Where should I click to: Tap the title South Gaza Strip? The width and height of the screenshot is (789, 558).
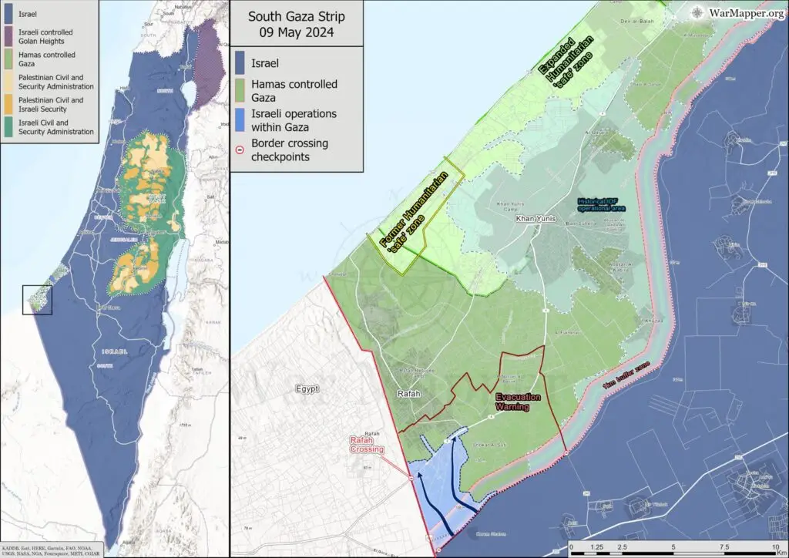295,16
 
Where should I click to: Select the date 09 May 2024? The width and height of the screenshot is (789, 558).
295,32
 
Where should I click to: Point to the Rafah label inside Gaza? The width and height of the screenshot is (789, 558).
408,394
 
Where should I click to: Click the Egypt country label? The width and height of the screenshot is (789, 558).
307,389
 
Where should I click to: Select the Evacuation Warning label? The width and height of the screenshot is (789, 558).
518,402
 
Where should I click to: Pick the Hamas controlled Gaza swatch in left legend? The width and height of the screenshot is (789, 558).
11,59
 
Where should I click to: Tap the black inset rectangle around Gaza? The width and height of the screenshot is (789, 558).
37,300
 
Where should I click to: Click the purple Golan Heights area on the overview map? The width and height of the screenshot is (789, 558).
206,66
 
